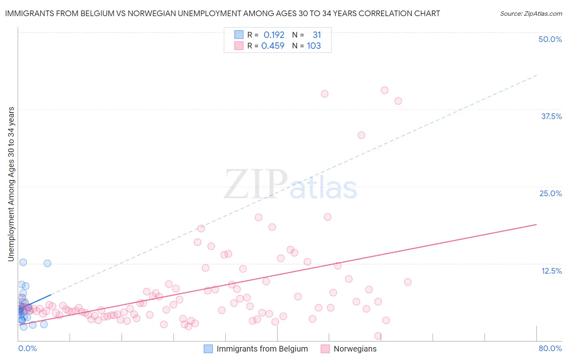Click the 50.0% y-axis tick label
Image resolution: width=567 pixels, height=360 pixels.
click(x=550, y=39)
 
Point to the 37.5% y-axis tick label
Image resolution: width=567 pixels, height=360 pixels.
click(x=551, y=116)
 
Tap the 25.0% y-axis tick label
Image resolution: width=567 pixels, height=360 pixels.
click(x=550, y=193)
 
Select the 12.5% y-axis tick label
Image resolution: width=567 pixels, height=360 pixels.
click(x=551, y=271)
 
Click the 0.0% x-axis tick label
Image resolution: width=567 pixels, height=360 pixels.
click(x=27, y=348)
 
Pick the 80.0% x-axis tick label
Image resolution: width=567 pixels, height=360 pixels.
click(x=550, y=348)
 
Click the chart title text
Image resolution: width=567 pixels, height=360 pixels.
click(x=222, y=13)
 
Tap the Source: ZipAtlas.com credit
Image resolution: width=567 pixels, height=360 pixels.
click(x=531, y=13)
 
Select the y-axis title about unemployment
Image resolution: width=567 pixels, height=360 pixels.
click(x=11, y=184)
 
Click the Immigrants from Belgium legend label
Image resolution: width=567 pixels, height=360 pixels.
click(x=262, y=349)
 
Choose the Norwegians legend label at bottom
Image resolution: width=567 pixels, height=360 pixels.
click(x=355, y=349)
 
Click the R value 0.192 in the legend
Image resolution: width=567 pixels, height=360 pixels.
click(x=274, y=35)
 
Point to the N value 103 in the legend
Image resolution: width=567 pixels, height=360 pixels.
click(x=314, y=46)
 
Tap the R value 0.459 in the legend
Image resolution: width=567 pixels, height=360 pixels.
click(x=273, y=46)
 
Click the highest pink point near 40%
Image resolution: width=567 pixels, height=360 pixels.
click(x=384, y=90)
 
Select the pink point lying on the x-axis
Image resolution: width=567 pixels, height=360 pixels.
click(x=378, y=336)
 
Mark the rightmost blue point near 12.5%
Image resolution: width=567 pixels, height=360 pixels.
click(x=47, y=263)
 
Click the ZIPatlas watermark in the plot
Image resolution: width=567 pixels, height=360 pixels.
click(x=290, y=185)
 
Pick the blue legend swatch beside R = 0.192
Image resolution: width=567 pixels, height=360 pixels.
click(x=239, y=35)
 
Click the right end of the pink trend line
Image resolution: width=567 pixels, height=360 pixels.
click(x=536, y=224)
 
